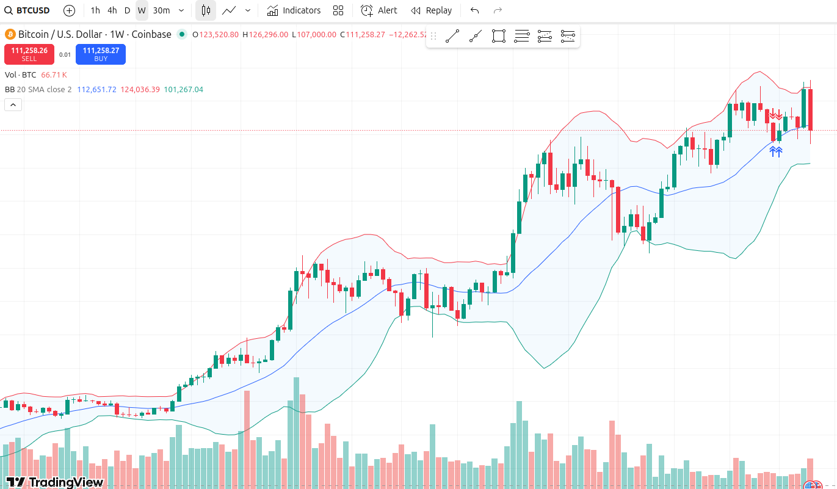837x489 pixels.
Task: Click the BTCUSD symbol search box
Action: click(x=27, y=10)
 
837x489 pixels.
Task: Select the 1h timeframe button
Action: click(x=95, y=10)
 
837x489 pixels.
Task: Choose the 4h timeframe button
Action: click(x=112, y=10)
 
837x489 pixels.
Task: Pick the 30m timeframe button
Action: click(x=161, y=10)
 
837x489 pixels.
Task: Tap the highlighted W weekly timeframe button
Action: click(x=142, y=10)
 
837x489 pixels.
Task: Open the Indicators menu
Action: click(x=294, y=10)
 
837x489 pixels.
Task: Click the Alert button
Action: click(x=379, y=10)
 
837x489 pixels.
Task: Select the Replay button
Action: click(x=432, y=10)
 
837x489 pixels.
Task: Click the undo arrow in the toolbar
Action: click(x=474, y=10)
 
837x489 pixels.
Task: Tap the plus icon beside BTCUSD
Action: click(x=69, y=10)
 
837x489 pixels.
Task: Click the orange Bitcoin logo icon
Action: click(x=10, y=34)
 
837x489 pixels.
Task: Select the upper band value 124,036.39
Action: click(x=140, y=89)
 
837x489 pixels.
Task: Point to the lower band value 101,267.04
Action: click(x=183, y=89)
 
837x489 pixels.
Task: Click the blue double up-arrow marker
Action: click(x=775, y=151)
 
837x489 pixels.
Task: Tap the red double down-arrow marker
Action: click(x=775, y=115)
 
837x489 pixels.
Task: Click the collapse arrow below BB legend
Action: click(x=13, y=105)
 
